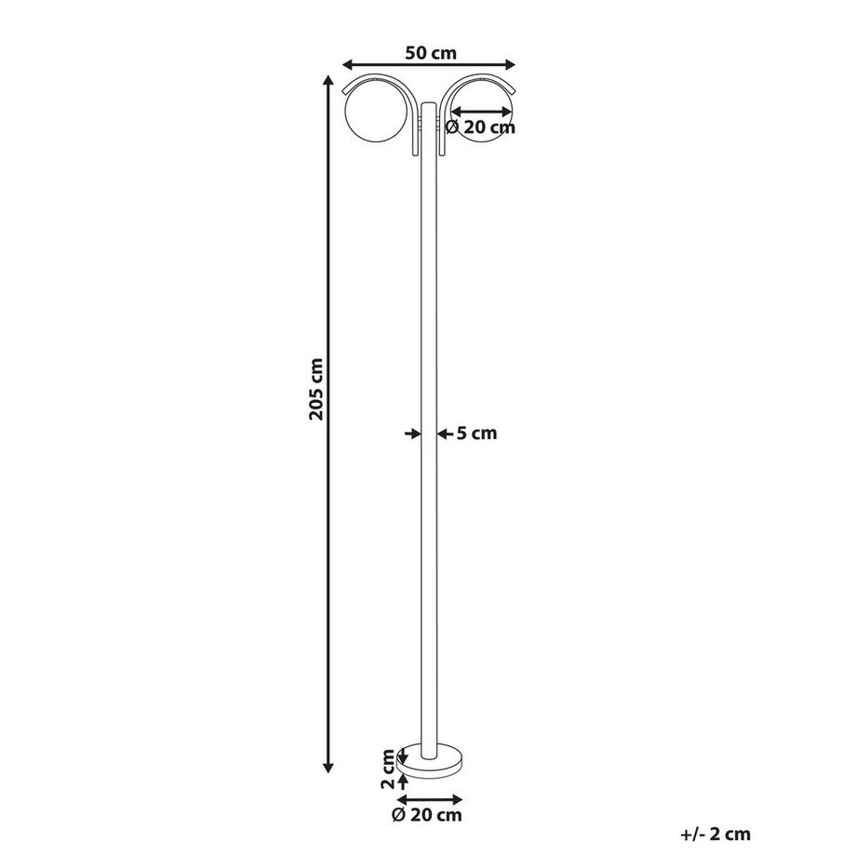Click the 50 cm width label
point(429,53)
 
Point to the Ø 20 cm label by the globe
point(480,127)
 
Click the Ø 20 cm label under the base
point(427,816)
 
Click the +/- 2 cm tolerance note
point(715,835)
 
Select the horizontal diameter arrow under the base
point(429,799)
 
